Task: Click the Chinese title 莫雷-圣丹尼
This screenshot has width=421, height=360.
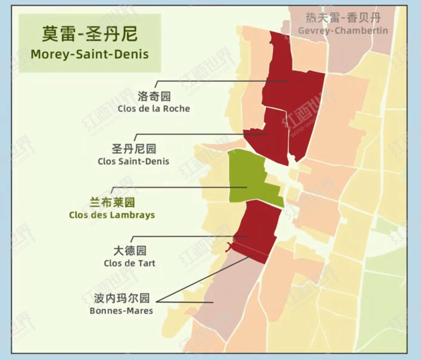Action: pos(90,34)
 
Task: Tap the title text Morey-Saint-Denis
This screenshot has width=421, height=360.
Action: pos(90,54)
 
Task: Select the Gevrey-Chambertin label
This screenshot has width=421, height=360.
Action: pos(343,30)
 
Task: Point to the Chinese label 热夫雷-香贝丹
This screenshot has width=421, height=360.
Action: pos(343,18)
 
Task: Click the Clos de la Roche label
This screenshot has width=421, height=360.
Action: pos(154,109)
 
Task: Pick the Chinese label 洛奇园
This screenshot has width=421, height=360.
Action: pos(154,97)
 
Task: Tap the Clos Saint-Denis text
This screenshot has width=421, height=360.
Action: pos(133,161)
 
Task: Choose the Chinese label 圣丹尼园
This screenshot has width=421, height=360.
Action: pos(134,149)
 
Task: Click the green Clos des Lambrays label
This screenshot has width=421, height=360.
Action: pos(112,215)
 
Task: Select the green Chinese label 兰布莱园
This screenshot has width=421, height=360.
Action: pos(112,202)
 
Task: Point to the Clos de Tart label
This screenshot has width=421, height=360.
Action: pos(129,263)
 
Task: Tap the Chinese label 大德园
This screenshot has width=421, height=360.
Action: pos(130,250)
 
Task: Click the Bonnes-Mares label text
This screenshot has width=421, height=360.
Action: pos(121,311)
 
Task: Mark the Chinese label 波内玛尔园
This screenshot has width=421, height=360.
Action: pos(122,298)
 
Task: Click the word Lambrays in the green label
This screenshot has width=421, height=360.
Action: pos(135,215)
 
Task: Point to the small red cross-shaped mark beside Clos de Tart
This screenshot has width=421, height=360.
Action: pos(230,246)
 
